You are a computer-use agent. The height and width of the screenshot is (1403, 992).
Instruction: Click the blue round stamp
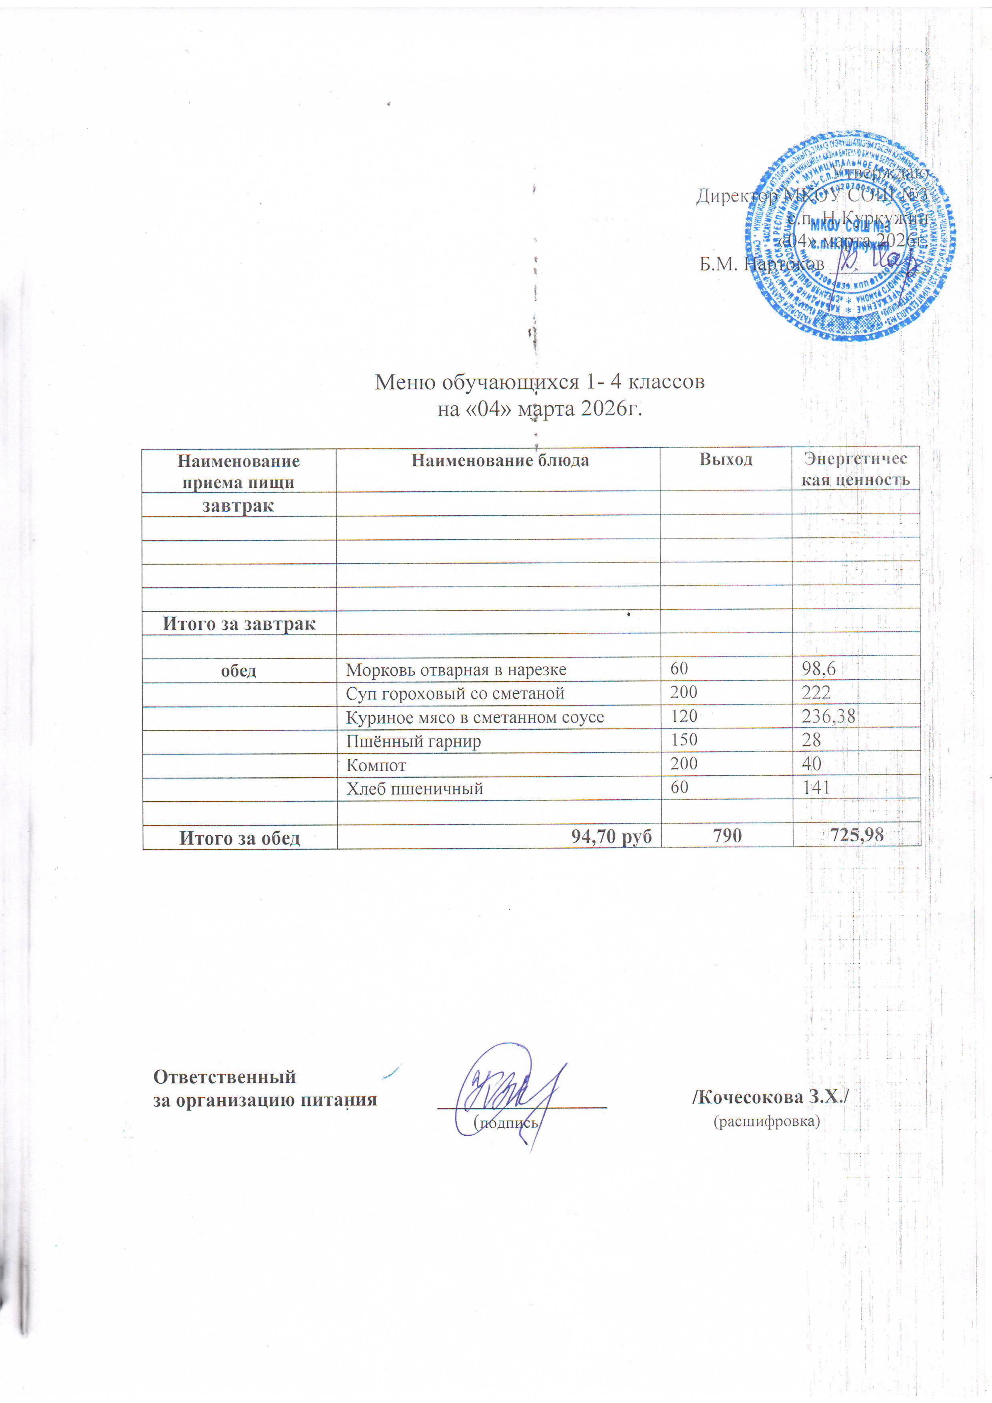pos(849,236)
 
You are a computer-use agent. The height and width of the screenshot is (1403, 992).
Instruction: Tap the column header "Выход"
pos(726,460)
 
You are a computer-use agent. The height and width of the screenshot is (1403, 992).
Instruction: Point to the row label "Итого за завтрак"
pos(239,624)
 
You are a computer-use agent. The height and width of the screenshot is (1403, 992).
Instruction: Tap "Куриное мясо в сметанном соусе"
pos(475,717)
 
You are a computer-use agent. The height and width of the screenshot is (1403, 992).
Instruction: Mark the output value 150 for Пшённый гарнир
pos(684,740)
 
